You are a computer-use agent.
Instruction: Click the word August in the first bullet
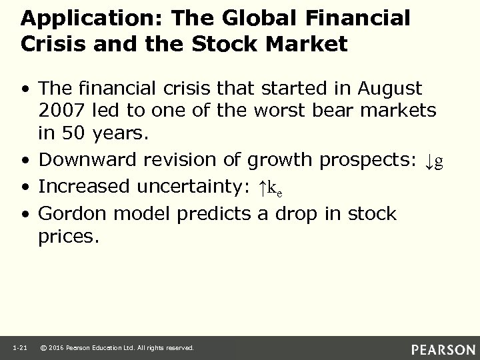[x=389, y=88]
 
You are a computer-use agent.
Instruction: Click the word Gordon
[x=70, y=214]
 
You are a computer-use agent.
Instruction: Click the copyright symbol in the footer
[x=43, y=347]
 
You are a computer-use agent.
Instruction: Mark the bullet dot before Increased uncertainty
[x=25, y=188]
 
